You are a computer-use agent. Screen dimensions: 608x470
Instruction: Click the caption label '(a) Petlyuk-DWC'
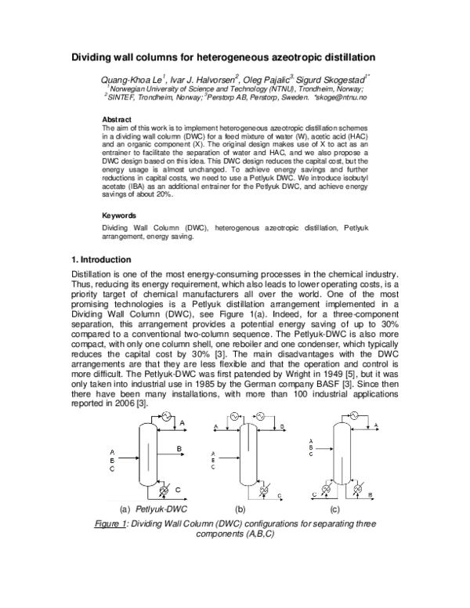149,508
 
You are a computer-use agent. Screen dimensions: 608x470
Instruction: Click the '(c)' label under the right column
344,508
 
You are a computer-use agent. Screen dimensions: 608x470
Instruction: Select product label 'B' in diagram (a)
179,447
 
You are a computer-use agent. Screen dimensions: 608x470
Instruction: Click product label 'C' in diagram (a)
179,490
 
